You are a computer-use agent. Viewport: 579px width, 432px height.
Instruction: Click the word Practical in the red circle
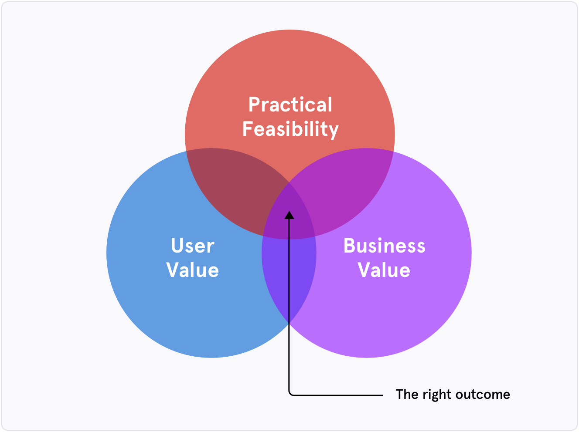click(290, 105)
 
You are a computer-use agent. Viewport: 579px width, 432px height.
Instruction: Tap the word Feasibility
click(290, 129)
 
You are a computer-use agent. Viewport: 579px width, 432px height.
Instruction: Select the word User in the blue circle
click(193, 246)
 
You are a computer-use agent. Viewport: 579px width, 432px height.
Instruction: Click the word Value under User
click(193, 270)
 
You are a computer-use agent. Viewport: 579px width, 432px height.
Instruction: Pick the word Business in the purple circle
click(385, 246)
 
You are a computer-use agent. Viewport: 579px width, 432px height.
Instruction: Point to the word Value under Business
click(384, 270)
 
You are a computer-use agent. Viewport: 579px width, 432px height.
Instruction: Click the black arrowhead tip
click(289, 211)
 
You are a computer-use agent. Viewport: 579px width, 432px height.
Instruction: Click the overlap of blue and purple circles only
click(289, 274)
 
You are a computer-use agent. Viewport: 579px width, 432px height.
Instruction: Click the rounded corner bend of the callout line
click(290, 394)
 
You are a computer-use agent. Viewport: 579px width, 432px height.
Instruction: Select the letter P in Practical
click(255, 105)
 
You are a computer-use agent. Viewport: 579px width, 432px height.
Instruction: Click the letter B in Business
click(350, 246)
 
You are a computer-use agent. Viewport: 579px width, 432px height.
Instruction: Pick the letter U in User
click(178, 246)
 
